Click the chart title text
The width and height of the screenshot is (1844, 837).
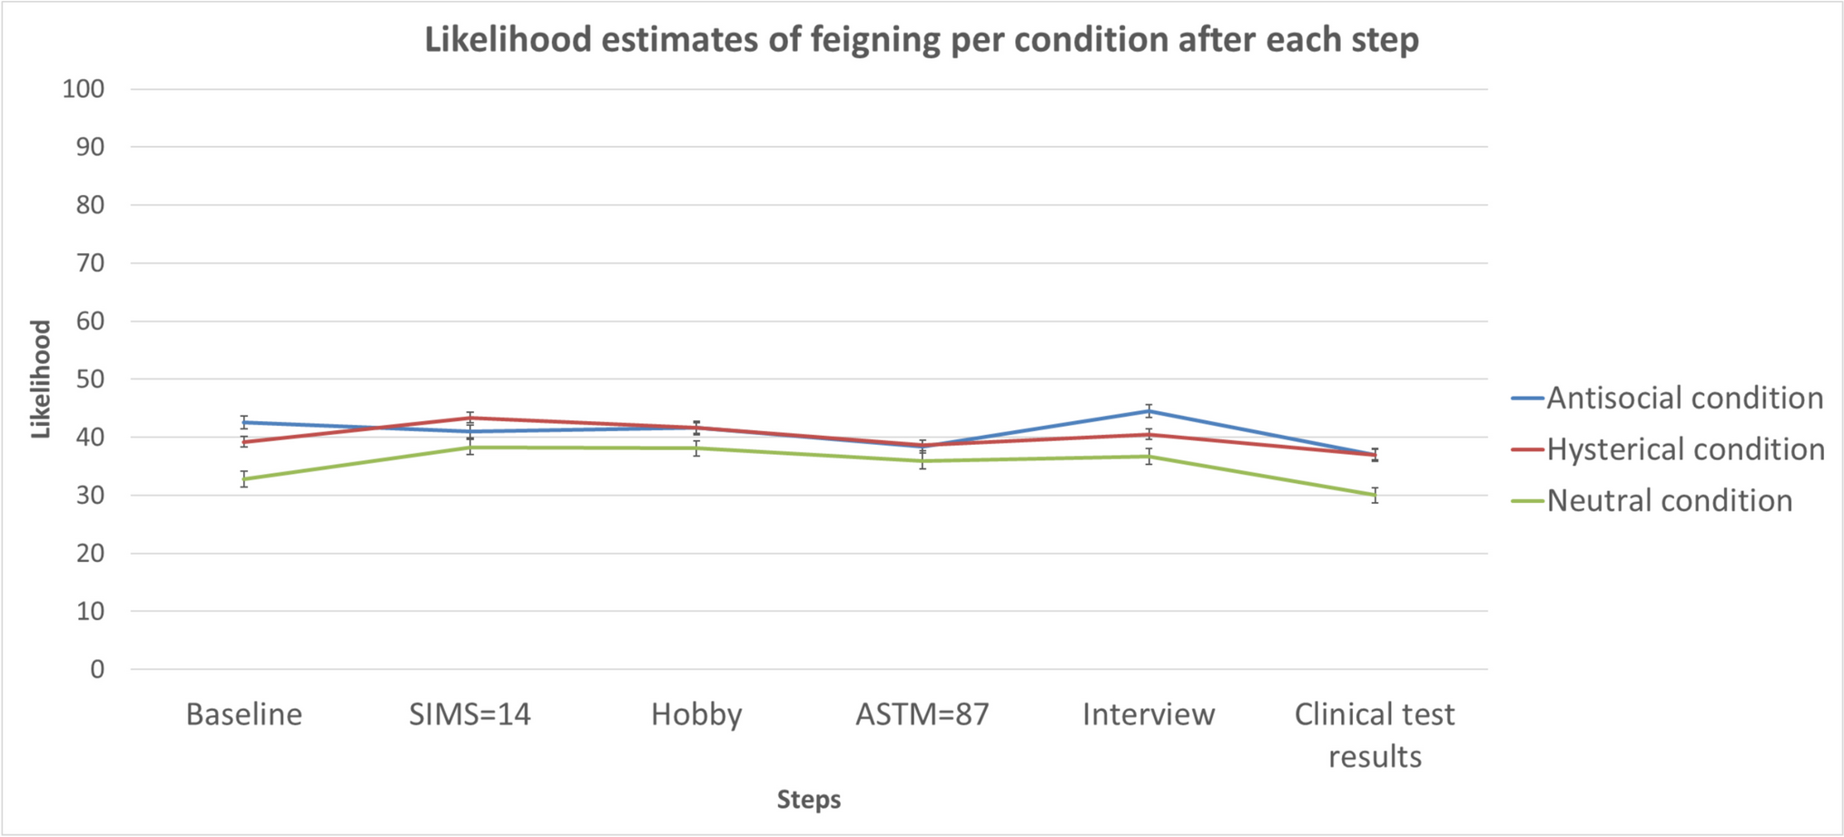[x=921, y=40]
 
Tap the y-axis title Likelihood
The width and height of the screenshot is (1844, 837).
[x=41, y=379]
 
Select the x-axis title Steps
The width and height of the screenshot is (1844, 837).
[x=808, y=800]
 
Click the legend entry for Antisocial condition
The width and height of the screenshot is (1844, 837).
[x=1684, y=398]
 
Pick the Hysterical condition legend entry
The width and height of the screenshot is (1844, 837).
[x=1685, y=449]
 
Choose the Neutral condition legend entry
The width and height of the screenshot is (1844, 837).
[x=1669, y=500]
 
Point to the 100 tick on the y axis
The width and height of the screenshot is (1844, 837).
[x=84, y=89]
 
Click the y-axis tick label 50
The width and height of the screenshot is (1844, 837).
[x=90, y=379]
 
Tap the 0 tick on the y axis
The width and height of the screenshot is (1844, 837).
[x=97, y=670]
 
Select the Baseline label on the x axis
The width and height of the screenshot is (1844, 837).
[x=243, y=714]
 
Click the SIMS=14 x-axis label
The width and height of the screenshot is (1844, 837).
[x=469, y=714]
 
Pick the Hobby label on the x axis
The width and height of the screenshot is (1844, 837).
[x=696, y=714]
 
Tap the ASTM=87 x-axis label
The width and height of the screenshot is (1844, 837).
[x=922, y=714]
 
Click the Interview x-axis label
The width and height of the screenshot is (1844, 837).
[x=1149, y=714]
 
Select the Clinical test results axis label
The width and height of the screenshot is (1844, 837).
[x=1375, y=734]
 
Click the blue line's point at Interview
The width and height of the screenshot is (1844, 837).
[x=1149, y=411]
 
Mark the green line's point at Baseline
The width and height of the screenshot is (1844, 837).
[x=244, y=479]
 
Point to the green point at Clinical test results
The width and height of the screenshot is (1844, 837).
[x=1375, y=496]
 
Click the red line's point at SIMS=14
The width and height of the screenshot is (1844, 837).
[x=470, y=418]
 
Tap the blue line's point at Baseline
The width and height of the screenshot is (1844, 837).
[x=244, y=422]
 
